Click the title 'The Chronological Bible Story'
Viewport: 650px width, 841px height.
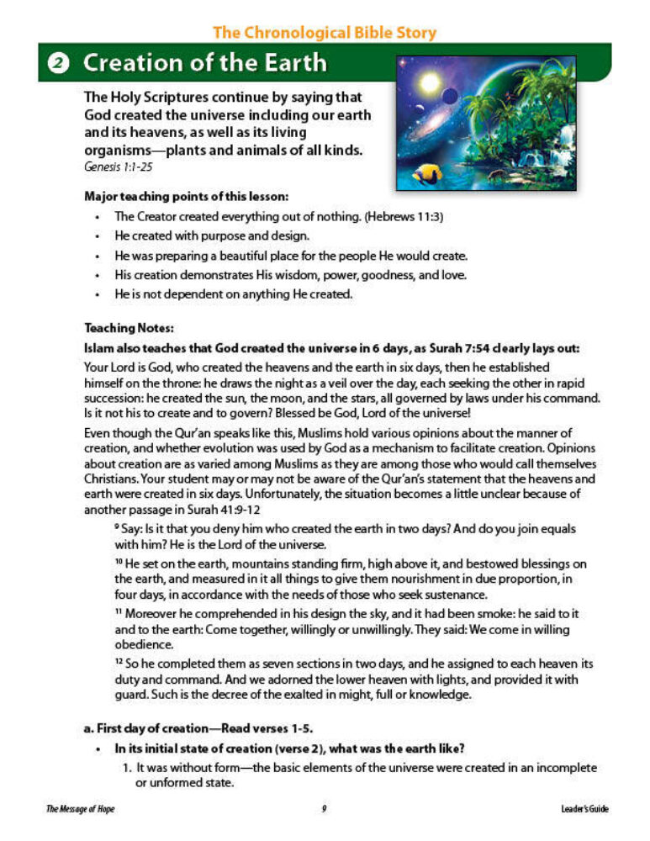(x=325, y=33)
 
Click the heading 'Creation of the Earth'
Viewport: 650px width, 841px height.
(x=205, y=63)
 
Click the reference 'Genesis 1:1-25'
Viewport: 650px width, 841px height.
(x=118, y=167)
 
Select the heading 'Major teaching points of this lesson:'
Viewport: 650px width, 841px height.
(x=187, y=196)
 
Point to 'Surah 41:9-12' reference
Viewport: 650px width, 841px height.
(x=216, y=510)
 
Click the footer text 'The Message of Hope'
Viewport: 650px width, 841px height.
(x=81, y=809)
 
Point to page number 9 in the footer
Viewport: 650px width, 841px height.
(x=324, y=809)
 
